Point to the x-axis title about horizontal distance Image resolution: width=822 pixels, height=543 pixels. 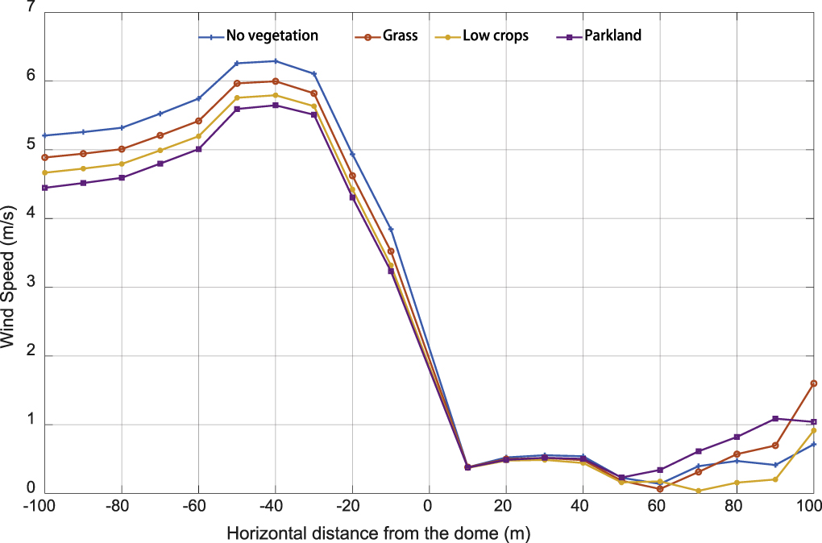(379, 533)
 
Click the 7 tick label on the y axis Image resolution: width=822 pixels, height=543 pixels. (31, 8)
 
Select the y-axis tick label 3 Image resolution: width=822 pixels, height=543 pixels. (31, 288)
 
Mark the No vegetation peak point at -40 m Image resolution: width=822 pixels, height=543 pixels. (276, 61)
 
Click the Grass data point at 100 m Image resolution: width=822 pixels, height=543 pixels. (814, 383)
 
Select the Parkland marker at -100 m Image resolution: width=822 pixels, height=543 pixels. (45, 188)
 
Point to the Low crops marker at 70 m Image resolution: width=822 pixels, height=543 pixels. (699, 491)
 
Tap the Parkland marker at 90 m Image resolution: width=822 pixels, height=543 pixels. (775, 419)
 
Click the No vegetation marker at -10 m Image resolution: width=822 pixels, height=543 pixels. (391, 230)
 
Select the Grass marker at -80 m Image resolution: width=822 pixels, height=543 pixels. (122, 149)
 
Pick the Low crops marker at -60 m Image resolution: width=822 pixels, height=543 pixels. (198, 136)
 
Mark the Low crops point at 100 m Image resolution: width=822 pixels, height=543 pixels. (814, 430)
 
